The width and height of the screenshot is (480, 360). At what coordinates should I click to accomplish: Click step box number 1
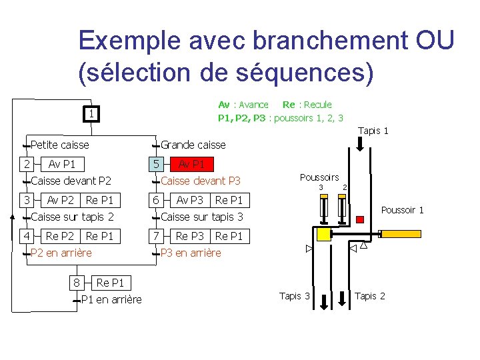91,115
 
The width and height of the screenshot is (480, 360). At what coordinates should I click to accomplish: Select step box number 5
155,164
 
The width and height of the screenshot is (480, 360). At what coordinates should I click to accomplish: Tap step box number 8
77,283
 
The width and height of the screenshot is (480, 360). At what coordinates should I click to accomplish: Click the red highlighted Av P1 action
192,164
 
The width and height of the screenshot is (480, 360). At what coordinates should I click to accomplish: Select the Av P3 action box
190,200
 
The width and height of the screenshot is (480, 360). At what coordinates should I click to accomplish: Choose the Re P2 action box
60,235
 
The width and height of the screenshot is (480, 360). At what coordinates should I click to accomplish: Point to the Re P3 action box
190,235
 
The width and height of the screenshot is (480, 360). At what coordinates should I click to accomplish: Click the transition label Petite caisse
60,145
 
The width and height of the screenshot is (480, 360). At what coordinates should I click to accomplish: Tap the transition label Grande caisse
193,145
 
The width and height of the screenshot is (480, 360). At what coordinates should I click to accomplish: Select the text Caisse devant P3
201,181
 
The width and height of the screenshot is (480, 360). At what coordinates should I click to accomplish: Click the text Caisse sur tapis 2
73,217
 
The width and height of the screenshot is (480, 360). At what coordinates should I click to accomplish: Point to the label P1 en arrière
111,299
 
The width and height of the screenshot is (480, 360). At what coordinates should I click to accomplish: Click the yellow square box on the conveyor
324,234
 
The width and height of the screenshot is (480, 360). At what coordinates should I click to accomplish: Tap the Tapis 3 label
295,296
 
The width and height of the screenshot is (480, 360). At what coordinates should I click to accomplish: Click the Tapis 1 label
373,131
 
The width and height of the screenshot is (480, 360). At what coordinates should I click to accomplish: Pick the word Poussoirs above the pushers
319,177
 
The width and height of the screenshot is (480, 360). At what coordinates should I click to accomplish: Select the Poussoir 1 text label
402,210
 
